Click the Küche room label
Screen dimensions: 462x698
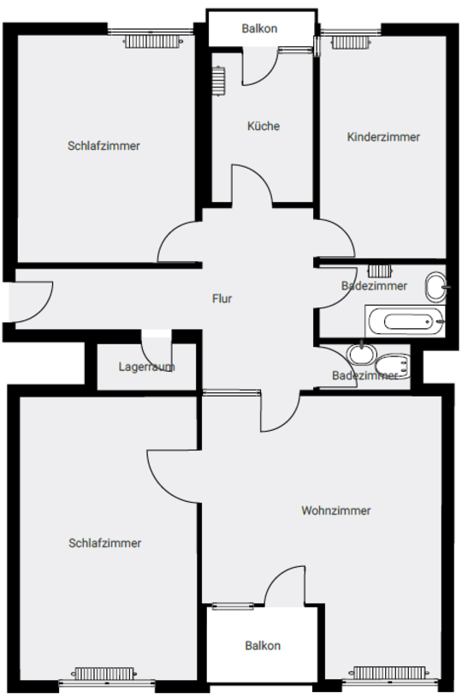click(x=264, y=126)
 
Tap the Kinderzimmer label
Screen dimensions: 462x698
click(x=383, y=137)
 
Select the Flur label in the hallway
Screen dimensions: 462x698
click(x=222, y=298)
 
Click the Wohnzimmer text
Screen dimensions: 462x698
click(x=335, y=510)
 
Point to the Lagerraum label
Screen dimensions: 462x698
click(x=146, y=367)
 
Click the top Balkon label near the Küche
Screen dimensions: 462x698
click(x=259, y=28)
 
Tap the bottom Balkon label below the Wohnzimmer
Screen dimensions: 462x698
click(x=263, y=646)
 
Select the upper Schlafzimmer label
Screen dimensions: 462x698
click(x=104, y=146)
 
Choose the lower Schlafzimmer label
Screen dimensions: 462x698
click(x=104, y=543)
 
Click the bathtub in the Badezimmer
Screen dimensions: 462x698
click(x=405, y=321)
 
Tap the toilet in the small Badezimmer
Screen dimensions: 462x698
click(x=392, y=367)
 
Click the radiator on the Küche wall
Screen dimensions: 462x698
click(x=218, y=81)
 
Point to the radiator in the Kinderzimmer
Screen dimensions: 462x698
click(x=351, y=42)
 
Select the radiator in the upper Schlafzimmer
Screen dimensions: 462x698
click(x=153, y=42)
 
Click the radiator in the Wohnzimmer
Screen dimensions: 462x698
click(x=388, y=672)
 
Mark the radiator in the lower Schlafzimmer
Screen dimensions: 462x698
click(x=104, y=673)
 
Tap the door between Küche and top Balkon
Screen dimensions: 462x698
click(x=260, y=66)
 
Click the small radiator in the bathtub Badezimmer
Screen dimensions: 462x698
click(x=380, y=271)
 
